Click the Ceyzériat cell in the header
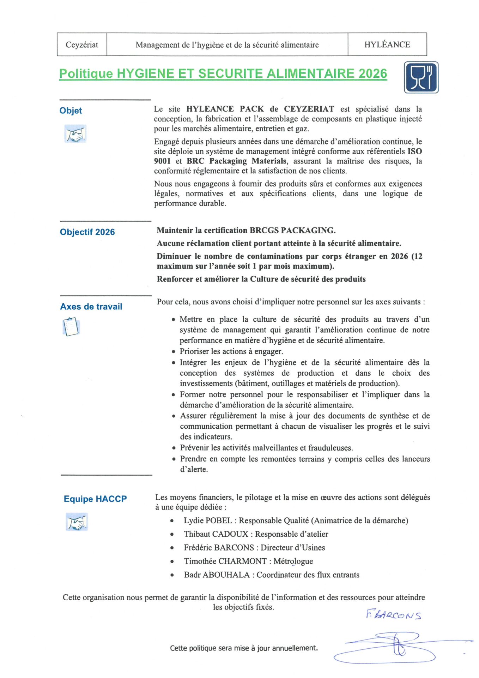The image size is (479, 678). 82,45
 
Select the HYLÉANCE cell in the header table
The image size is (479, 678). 387,45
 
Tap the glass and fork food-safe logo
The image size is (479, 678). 421,77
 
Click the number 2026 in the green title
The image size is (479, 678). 373,73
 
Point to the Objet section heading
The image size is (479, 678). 71,111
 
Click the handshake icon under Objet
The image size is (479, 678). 75,134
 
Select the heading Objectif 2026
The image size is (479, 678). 87,232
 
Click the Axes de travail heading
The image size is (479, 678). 91,307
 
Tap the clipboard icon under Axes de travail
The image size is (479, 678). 71,327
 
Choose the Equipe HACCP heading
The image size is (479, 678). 95,499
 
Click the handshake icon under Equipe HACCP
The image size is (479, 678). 77,522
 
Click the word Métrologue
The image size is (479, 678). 293,561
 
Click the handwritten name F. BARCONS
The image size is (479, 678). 393,615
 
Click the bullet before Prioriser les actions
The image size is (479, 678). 174,352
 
